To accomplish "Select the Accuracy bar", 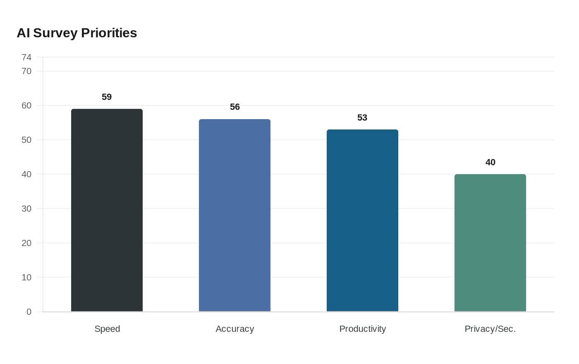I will coord(234,215).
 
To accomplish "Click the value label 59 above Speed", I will coord(107,97).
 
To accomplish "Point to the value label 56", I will coord(234,107).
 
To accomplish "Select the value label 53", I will coord(362,117).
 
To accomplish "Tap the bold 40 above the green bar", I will coord(490,162).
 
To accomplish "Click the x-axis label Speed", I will coord(107,329).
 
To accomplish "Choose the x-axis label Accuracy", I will coord(234,329).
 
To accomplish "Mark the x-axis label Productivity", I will coord(362,329).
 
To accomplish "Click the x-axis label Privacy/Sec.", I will coord(490,329).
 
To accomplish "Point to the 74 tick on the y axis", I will coord(26,57).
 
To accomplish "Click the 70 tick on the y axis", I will coord(26,71).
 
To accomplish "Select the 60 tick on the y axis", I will coord(26,105).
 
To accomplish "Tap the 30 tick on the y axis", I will coord(26,208).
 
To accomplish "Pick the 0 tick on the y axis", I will coord(29,311).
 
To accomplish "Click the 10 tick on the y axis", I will coord(26,277).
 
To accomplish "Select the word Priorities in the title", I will coord(109,33).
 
